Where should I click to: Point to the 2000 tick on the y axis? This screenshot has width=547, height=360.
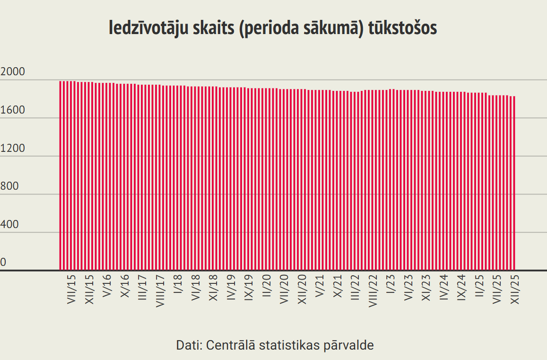pos(13,72)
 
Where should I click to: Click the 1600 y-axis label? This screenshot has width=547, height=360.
pos(13,110)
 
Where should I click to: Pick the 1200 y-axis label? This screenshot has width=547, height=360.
pos(13,149)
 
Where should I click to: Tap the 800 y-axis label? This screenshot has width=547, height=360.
pos(10,186)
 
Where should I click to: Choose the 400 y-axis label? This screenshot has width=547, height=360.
pos(10,225)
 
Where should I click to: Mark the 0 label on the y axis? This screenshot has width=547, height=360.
pos(4,263)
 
